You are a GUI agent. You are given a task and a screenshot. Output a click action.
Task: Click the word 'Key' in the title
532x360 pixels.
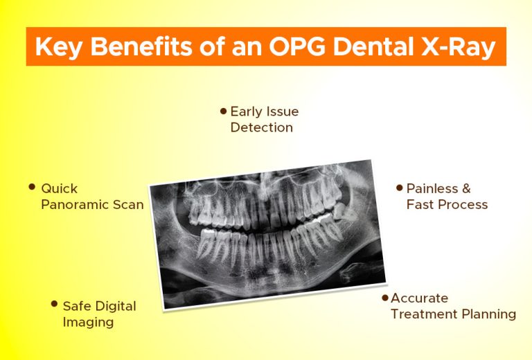pyautogui.click(x=57, y=48)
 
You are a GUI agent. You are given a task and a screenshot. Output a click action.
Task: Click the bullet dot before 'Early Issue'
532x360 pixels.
pyautogui.click(x=223, y=110)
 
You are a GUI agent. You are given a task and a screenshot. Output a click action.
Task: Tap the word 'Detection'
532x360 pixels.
pyautogui.click(x=261, y=127)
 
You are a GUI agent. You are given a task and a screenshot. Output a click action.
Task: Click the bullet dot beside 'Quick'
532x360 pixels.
pyautogui.click(x=32, y=187)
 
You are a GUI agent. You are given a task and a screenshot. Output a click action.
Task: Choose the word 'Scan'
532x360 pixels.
pyautogui.click(x=129, y=204)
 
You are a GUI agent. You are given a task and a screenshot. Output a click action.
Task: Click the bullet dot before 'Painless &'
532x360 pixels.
pyautogui.click(x=399, y=187)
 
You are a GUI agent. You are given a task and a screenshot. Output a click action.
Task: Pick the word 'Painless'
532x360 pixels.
pyautogui.click(x=432, y=188)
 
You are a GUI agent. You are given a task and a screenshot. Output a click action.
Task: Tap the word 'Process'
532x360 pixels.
pyautogui.click(x=465, y=204)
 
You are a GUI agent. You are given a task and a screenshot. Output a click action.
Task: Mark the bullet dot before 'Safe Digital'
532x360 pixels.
pyautogui.click(x=54, y=303)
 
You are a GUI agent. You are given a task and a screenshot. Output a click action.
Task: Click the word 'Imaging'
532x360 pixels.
pyautogui.click(x=88, y=322)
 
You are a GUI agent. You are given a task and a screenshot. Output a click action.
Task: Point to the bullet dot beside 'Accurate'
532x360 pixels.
pyautogui.click(x=385, y=297)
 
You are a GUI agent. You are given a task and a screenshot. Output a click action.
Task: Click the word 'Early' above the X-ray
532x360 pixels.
pyautogui.click(x=245, y=111)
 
